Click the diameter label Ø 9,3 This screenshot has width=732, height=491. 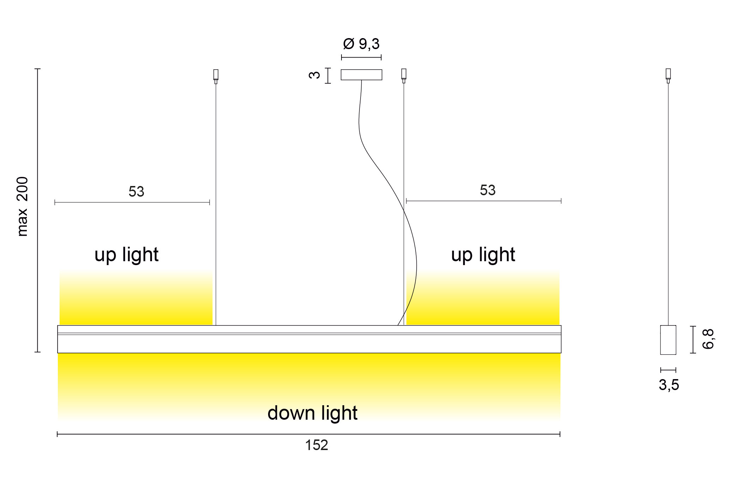click(x=361, y=44)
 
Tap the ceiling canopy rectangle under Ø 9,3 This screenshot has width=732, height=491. click(x=361, y=75)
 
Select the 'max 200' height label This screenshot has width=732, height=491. click(x=23, y=206)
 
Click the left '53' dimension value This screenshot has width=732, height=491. click(x=136, y=192)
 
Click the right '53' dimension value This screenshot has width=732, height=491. click(x=488, y=190)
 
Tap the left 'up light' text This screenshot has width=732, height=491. click(x=126, y=255)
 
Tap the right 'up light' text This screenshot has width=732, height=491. click(x=483, y=255)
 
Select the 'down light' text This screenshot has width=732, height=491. click(x=312, y=413)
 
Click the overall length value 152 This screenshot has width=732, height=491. click(x=316, y=445)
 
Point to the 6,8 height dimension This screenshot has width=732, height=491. click(x=708, y=339)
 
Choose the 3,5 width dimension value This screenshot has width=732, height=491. click(x=669, y=385)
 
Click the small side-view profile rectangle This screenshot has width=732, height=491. click(x=668, y=340)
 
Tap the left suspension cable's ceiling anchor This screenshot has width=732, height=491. click(x=216, y=76)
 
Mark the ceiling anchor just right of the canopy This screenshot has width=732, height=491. click(x=404, y=75)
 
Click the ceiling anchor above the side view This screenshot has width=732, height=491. click(x=668, y=75)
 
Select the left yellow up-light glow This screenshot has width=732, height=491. click(x=136, y=304)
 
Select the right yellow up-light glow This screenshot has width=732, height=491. click(x=483, y=304)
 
